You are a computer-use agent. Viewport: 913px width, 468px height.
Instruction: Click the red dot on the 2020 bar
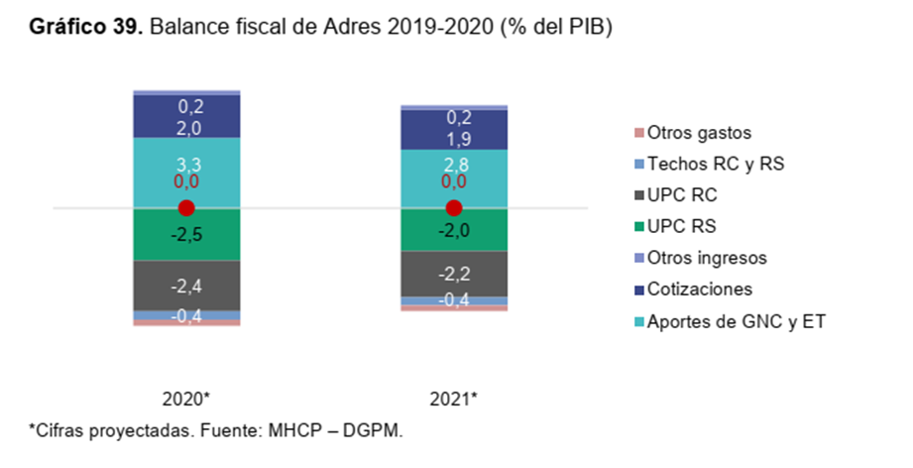186,208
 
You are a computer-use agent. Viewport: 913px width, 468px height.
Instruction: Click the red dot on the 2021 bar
454,208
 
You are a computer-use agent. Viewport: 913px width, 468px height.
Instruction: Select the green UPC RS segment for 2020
186,234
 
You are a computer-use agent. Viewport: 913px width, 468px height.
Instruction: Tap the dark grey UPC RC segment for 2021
454,274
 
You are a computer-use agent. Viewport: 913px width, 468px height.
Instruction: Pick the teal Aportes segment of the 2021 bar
454,178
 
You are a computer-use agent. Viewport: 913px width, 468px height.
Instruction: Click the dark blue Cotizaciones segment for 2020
186,116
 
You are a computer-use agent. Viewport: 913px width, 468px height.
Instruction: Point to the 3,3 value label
188,165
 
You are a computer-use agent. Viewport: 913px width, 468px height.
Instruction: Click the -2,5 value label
186,235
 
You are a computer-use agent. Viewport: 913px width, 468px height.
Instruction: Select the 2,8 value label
455,165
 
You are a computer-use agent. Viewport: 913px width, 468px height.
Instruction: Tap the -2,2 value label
454,274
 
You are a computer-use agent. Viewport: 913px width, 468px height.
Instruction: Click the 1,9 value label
458,139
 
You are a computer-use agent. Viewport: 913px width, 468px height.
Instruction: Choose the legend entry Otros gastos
693,133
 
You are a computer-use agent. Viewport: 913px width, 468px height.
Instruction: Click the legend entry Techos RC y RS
709,165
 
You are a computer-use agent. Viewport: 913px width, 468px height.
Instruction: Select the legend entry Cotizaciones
694,290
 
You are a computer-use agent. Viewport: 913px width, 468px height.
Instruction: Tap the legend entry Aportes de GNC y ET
731,321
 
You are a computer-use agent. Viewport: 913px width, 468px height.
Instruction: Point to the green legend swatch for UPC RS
639,227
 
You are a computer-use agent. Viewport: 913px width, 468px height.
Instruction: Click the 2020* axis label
185,399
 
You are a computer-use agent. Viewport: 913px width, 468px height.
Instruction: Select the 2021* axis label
454,399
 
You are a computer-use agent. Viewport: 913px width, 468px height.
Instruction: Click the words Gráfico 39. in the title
86,27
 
